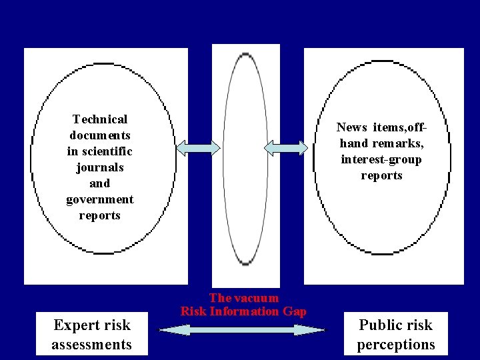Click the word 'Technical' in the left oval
pyautogui.click(x=100, y=119)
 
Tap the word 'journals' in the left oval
pyautogui.click(x=100, y=167)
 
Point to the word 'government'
pyautogui.click(x=100, y=199)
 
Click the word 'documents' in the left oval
pyautogui.click(x=100, y=135)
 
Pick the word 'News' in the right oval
pyautogui.click(x=351, y=127)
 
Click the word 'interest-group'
pyautogui.click(x=381, y=159)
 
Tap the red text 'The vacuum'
pyautogui.click(x=243, y=298)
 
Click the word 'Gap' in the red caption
pyautogui.click(x=295, y=311)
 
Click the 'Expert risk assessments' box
pyautogui.click(x=92, y=335)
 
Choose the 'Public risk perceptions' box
pyautogui.click(x=396, y=335)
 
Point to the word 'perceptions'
pyautogui.click(x=396, y=345)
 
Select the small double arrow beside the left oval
pyautogui.click(x=197, y=147)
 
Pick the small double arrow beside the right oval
pyautogui.click(x=286, y=147)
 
